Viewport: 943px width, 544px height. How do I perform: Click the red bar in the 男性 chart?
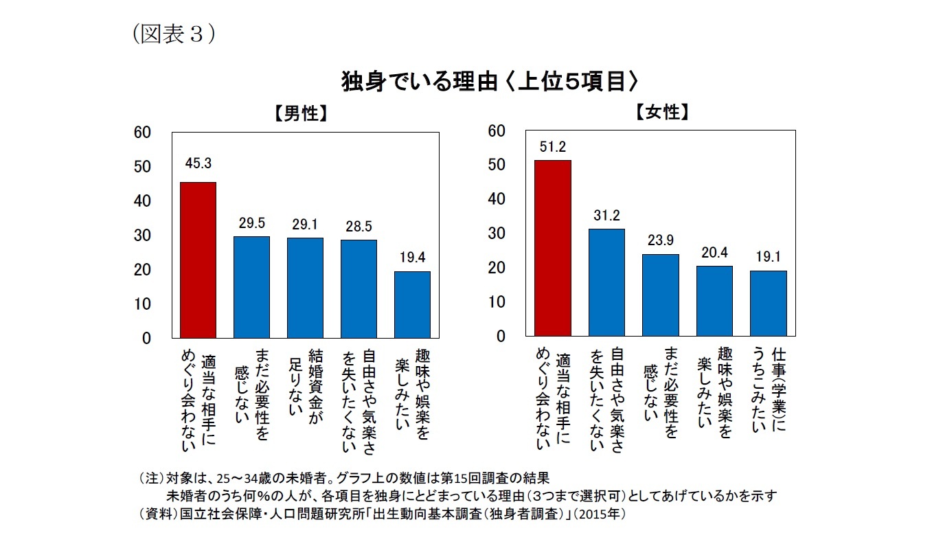tap(198, 260)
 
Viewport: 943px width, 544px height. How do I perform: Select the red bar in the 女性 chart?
tap(553, 248)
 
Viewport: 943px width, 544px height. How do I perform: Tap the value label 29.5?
tap(251, 223)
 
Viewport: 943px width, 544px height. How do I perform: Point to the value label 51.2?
tap(553, 146)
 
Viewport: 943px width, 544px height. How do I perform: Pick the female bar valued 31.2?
tap(606, 282)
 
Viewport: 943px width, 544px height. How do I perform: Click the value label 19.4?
tap(412, 258)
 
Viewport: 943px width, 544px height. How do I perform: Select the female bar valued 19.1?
tap(768, 303)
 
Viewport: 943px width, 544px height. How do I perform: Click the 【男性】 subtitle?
tap(300, 113)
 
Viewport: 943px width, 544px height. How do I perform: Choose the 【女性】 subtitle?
tap(661, 113)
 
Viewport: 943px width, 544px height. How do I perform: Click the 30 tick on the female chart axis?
tap(496, 234)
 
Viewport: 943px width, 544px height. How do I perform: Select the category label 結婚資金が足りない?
tap(306, 392)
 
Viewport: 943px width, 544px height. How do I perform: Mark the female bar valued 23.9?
tap(660, 295)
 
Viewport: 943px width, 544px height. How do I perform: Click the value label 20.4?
tap(714, 252)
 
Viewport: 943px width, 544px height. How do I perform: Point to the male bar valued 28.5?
tap(359, 288)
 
